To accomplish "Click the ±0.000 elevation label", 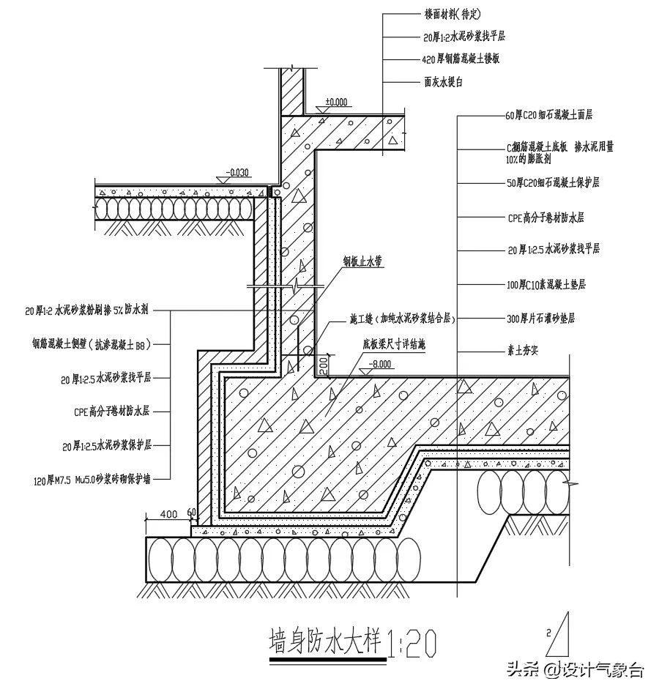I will pyautogui.click(x=337, y=103).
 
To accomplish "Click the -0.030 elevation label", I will pyautogui.click(x=239, y=173).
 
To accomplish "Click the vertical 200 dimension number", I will pyautogui.click(x=323, y=364).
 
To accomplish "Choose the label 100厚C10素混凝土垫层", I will pyautogui.click(x=546, y=283).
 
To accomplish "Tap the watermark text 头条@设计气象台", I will pyautogui.click(x=576, y=669).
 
